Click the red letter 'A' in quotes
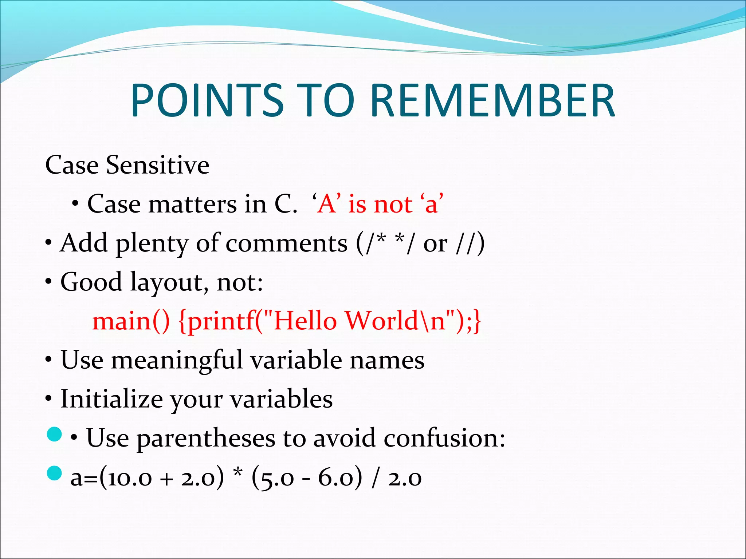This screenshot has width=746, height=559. pos(327,204)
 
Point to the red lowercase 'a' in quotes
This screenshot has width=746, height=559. pos(431,205)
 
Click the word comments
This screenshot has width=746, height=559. pos(286,243)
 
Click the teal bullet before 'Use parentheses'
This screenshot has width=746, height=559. pos(55,435)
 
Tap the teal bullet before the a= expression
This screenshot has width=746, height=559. pos(55,473)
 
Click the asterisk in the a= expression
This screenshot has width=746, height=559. pos(237,473)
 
